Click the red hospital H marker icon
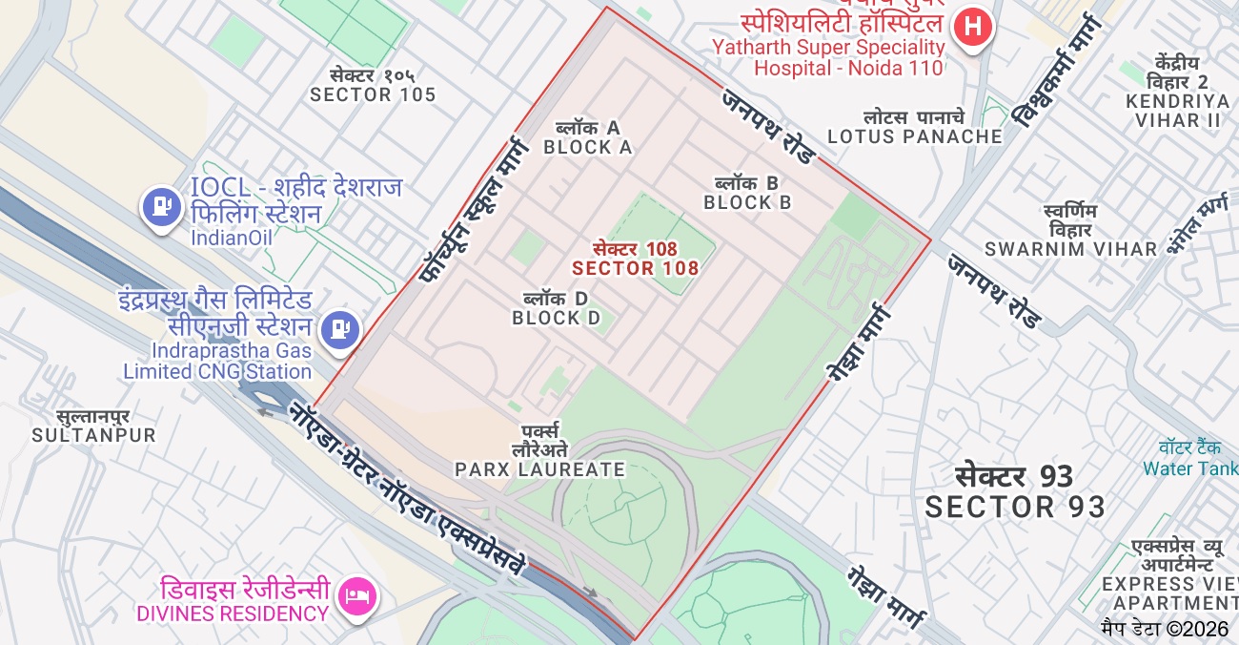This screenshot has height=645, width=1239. tap(972, 27)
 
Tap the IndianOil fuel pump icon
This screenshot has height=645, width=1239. tap(162, 205)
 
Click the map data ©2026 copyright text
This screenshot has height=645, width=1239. tap(1165, 629)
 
